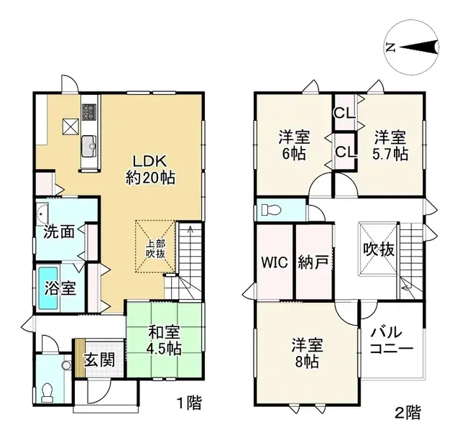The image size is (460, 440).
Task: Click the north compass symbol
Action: point(414,48)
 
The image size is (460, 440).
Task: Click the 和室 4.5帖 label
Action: point(165,341)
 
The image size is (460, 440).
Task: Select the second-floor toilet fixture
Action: point(270,211)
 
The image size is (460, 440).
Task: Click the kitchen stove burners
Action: point(90,113)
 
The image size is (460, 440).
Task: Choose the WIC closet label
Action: point(275,262)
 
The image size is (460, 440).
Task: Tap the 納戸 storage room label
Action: point(313,262)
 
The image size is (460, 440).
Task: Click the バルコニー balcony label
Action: point(392,341)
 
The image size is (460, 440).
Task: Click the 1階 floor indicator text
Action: point(189,403)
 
